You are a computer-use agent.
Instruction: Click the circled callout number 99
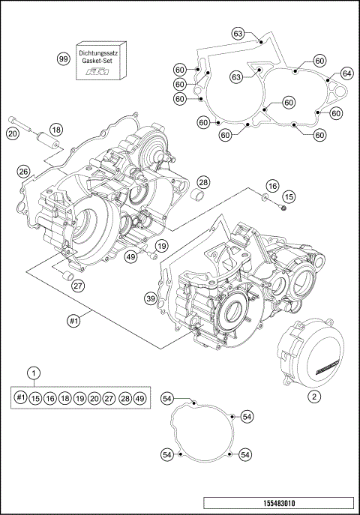coord(63,58)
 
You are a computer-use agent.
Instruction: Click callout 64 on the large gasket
coord(346,73)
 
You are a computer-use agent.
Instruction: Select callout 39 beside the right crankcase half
coord(150,299)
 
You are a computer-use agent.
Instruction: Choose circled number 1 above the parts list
coord(32,373)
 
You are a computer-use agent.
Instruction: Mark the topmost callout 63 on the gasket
coord(238,34)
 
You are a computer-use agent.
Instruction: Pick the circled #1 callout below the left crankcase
coord(73,320)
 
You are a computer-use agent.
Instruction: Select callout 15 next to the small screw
coord(289,196)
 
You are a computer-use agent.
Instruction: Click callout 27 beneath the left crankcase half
coord(77,285)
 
